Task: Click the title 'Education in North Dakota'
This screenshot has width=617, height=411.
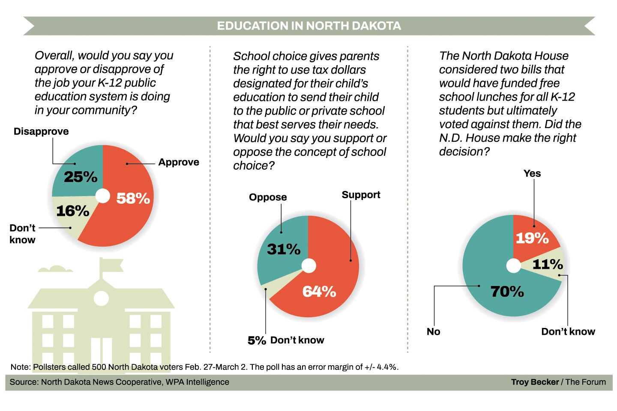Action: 308,26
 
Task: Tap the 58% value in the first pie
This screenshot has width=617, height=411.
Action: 133,198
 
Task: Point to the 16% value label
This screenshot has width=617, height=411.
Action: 72,211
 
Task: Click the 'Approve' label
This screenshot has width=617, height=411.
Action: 179,162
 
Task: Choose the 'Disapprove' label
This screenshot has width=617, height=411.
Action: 41,131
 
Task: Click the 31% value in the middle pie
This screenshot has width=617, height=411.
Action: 284,249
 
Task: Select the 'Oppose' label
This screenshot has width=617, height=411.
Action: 268,197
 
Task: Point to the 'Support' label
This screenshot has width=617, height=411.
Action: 361,195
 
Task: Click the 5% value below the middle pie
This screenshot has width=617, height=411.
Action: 257,340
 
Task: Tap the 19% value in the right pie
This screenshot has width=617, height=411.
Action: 532,238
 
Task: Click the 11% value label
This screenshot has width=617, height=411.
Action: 547,264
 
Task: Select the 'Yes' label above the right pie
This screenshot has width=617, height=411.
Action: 532,173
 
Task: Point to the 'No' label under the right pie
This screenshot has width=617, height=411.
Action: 433,332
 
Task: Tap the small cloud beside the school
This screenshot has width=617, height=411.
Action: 55,269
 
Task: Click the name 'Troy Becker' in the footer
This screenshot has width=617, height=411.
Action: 535,382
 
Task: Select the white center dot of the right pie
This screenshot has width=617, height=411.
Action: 513,266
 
